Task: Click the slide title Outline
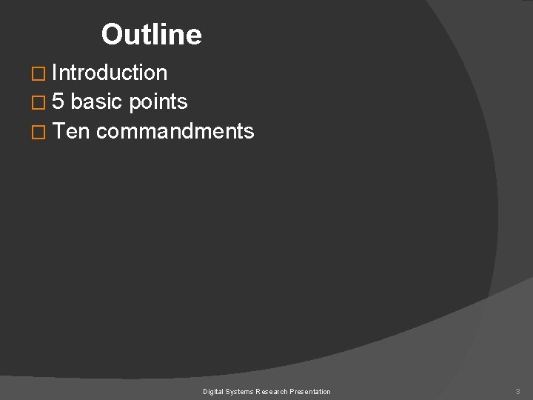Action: click(151, 34)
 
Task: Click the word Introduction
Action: click(110, 73)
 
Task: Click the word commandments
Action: click(175, 132)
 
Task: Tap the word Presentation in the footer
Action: click(312, 391)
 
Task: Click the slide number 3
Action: click(518, 391)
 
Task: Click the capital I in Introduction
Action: click(55, 73)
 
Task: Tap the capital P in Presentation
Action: click(295, 391)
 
